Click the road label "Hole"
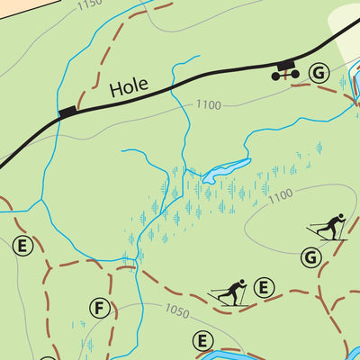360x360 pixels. (x=128, y=88)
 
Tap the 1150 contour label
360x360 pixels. (x=89, y=4)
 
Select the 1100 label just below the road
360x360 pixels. (x=208, y=105)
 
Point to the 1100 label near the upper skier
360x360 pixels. (x=280, y=194)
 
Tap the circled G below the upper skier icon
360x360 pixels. (x=311, y=257)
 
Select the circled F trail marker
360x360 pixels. (x=99, y=310)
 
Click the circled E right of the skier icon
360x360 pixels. (x=263, y=288)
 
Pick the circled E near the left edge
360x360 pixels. (x=23, y=245)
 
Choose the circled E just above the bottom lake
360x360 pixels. (x=203, y=340)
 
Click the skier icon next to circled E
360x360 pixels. (x=229, y=292)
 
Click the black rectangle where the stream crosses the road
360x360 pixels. (x=67, y=112)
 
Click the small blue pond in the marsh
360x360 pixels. (x=226, y=169)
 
